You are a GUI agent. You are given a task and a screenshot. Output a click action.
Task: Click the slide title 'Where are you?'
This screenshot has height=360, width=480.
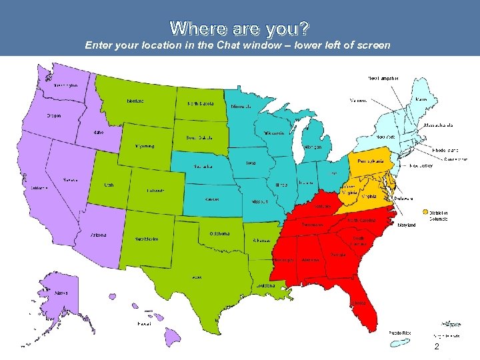click(239, 28)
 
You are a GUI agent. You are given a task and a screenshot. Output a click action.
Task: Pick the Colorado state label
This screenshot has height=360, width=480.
click(157, 191)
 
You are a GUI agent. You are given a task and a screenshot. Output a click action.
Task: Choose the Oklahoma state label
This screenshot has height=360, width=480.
click(219, 233)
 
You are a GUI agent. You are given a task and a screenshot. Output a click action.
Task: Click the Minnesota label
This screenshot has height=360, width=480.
click(241, 107)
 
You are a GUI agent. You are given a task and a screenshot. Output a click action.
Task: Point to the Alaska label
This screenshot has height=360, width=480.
click(61, 293)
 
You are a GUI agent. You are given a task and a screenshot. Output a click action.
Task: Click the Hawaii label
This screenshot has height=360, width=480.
click(144, 324)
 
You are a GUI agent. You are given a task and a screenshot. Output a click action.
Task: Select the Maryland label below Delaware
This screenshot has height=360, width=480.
click(406, 225)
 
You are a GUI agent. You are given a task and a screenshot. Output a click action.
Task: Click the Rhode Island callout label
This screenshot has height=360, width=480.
click(445, 150)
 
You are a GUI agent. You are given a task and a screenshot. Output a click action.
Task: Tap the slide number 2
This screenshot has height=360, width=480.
click(436, 348)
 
